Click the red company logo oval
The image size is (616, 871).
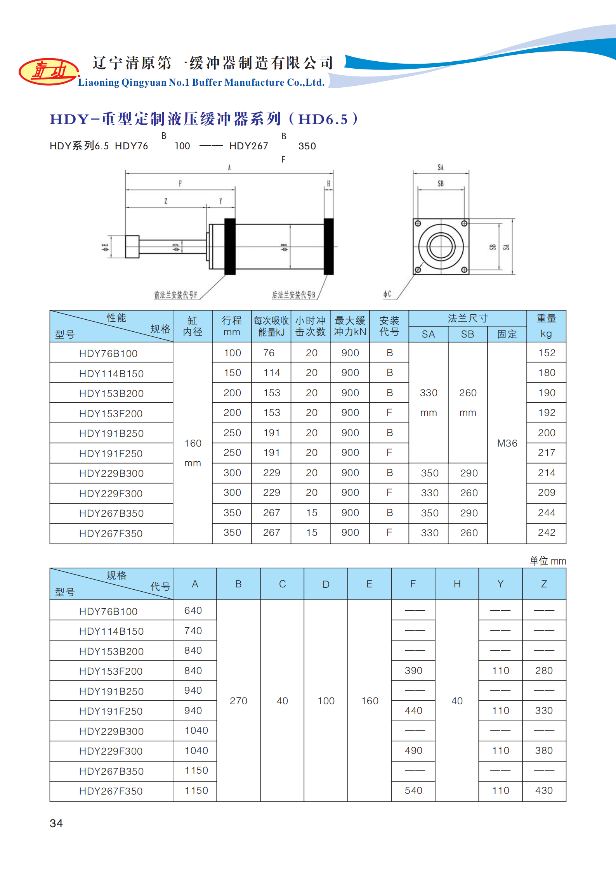pos(49,71)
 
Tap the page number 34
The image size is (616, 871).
pos(56,823)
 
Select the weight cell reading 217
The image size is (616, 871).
pos(547,452)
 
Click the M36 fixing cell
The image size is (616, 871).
pos(507,443)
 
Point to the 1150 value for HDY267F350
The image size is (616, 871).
pos(196,790)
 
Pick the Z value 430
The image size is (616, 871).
pos(544,790)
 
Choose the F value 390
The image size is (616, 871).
pos(413,670)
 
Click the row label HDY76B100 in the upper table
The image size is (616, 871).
pos(108,353)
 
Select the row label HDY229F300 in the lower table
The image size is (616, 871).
pos(111,751)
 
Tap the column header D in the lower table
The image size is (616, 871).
pos(326,584)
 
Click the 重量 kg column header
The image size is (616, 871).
pos(546,326)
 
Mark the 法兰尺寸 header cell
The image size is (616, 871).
pos(467,318)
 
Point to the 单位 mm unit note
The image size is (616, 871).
pos(548,561)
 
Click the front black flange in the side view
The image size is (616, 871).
pos(230,246)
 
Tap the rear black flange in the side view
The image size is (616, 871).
pos(329,246)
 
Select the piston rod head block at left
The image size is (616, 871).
pos(132,247)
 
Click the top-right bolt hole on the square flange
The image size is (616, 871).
pos(464,223)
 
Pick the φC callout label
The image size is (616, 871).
pos(387,294)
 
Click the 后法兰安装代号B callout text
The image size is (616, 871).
pos(293,295)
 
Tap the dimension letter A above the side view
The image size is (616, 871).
pos(229,168)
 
